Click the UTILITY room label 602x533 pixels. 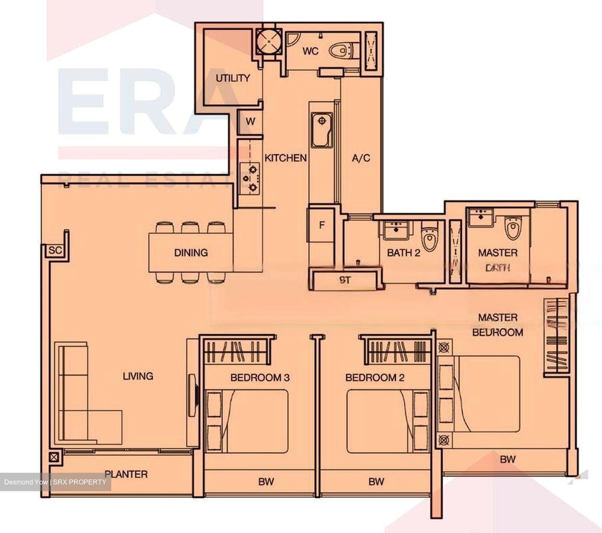232,78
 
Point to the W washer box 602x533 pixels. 250,122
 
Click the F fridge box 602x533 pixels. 321,225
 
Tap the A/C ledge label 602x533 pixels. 361,158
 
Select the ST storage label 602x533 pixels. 345,280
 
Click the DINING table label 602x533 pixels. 191,253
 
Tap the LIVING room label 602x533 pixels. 138,376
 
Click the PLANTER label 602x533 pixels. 126,474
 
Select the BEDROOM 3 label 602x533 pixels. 260,378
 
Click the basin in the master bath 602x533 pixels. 481,217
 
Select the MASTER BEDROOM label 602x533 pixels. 497,325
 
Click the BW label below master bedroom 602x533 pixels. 508,459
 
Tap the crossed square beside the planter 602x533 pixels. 54,457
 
